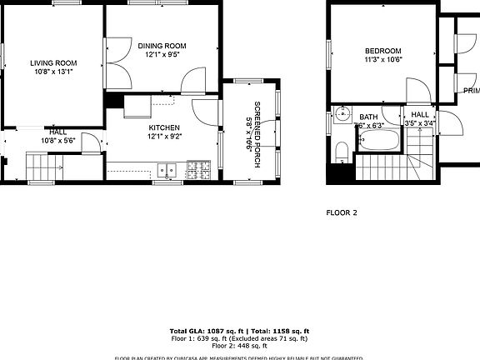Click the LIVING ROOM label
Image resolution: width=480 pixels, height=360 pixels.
click(x=53, y=62)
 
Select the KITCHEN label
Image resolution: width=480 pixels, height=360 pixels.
click(x=164, y=127)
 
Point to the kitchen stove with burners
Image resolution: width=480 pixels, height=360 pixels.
click(x=198, y=170)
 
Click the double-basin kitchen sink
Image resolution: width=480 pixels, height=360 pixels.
click(x=166, y=171)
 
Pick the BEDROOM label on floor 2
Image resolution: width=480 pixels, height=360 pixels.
click(x=382, y=50)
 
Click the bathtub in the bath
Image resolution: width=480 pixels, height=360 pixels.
click(x=379, y=142)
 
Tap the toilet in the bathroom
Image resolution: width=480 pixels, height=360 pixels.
click(x=340, y=151)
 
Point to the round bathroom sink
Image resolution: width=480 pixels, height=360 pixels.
click(x=342, y=114)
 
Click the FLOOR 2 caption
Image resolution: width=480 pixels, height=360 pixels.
click(x=341, y=212)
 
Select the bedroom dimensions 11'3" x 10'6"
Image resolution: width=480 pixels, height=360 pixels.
click(x=382, y=59)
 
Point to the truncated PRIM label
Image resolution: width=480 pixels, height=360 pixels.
click(x=471, y=90)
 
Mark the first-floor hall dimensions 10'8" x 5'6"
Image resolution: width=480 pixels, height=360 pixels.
click(x=57, y=141)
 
